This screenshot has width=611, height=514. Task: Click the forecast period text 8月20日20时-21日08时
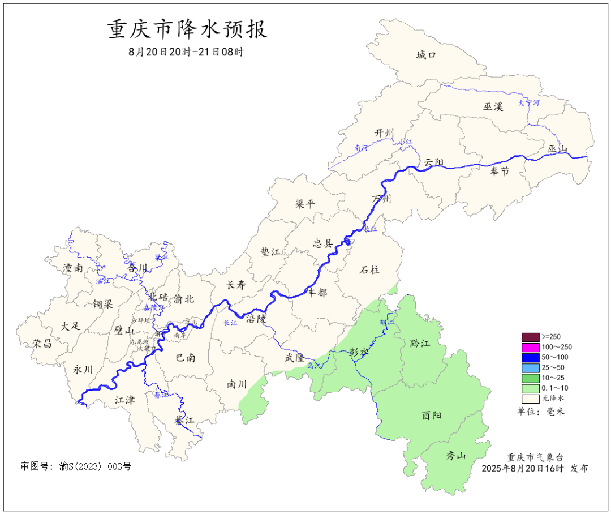click(x=187, y=52)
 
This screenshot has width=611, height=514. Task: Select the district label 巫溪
click(x=493, y=106)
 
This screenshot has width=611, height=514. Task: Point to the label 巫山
click(x=557, y=149)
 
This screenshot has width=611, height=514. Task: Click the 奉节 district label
click(x=500, y=171)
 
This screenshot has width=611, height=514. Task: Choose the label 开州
click(x=384, y=132)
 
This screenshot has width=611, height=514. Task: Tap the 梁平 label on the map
click(x=305, y=204)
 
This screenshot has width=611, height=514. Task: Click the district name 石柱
click(x=369, y=269)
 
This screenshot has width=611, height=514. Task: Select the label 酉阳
click(x=432, y=415)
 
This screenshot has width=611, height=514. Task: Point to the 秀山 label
click(x=455, y=455)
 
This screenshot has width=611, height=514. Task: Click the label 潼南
click(x=73, y=268)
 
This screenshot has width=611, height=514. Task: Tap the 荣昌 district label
click(x=42, y=343)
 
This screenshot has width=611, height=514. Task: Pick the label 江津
click(x=124, y=400)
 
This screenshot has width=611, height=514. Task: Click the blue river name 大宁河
click(x=529, y=103)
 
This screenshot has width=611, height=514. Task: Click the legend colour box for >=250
click(x=530, y=337)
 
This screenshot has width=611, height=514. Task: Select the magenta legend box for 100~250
click(x=530, y=347)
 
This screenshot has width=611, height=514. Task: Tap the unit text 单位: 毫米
click(x=541, y=411)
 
